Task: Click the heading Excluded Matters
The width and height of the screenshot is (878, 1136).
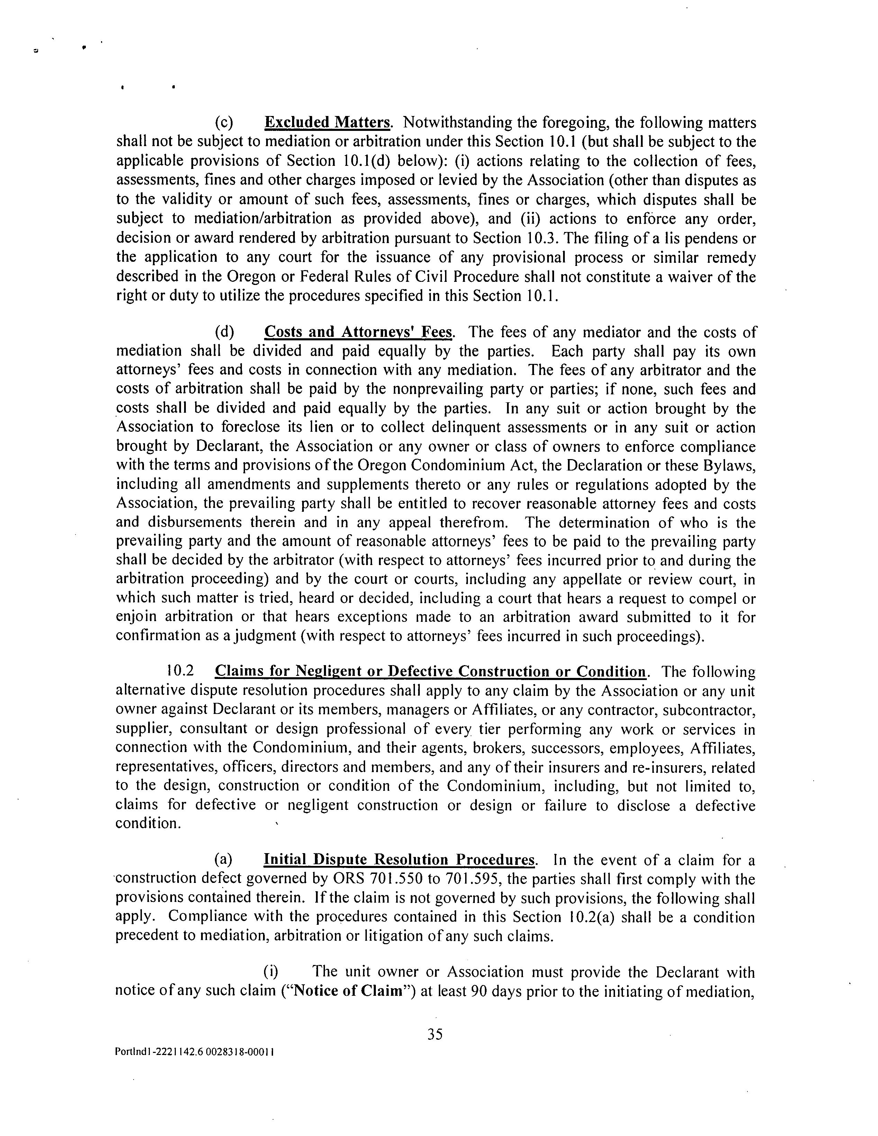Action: tap(327, 123)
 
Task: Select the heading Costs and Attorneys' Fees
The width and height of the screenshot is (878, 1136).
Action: tap(358, 332)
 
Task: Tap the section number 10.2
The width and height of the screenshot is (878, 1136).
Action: tap(180, 671)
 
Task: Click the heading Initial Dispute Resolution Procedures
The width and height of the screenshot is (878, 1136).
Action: tap(399, 859)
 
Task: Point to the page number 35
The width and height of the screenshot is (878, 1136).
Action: tap(435, 1034)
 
